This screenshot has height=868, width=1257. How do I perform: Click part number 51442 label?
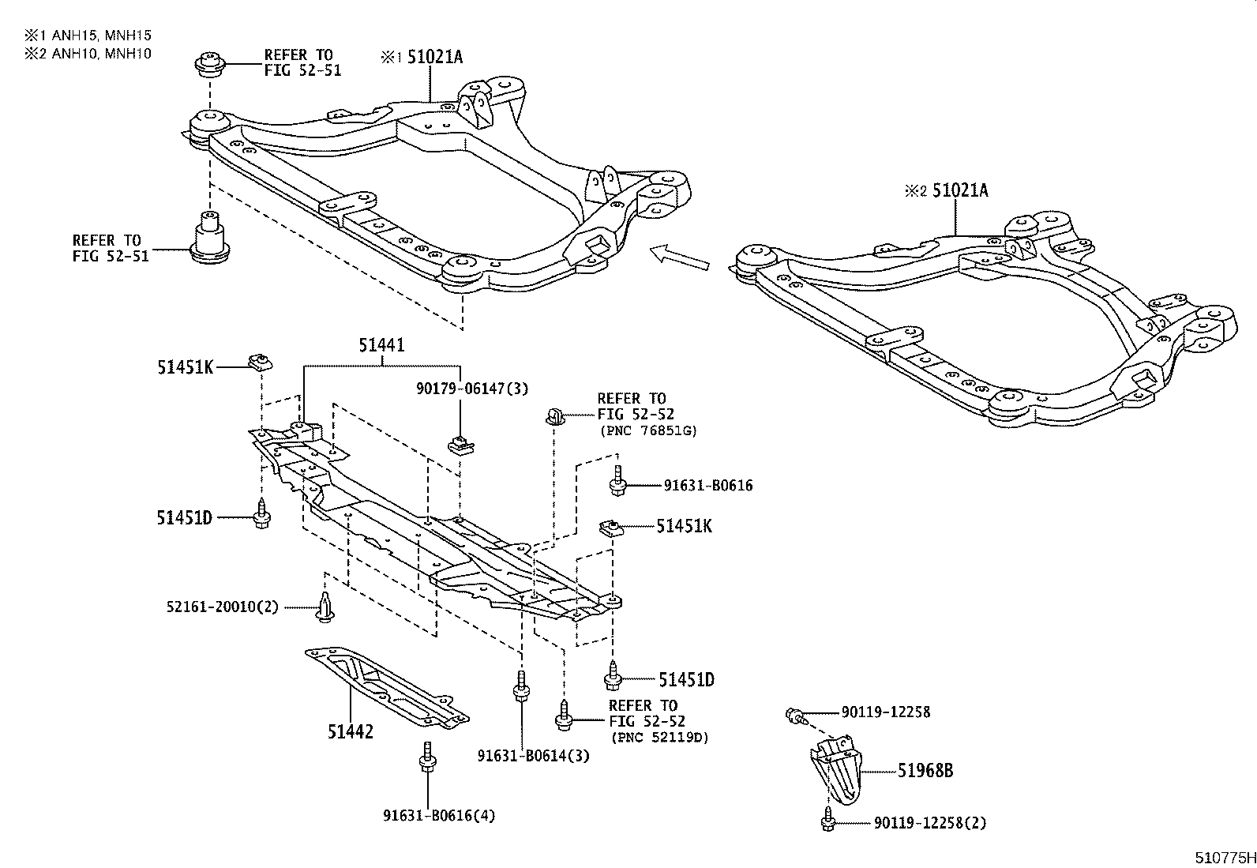[x=350, y=732]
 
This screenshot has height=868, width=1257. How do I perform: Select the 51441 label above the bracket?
[x=381, y=345]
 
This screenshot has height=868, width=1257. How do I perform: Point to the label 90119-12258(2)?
[x=929, y=823]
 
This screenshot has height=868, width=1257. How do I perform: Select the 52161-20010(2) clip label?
[x=222, y=607]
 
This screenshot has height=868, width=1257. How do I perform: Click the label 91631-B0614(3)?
[x=533, y=756]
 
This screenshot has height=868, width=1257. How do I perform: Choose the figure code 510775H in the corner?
[x=1224, y=857]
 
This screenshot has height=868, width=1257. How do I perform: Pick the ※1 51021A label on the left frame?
[x=422, y=57]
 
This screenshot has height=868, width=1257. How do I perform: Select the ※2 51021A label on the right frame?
[x=947, y=190]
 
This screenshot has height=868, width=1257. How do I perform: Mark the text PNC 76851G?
[x=648, y=430]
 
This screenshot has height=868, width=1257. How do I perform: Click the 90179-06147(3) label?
[x=472, y=388]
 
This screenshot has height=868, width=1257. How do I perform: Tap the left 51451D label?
[x=184, y=517]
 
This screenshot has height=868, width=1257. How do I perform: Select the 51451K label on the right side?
[x=684, y=526]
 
